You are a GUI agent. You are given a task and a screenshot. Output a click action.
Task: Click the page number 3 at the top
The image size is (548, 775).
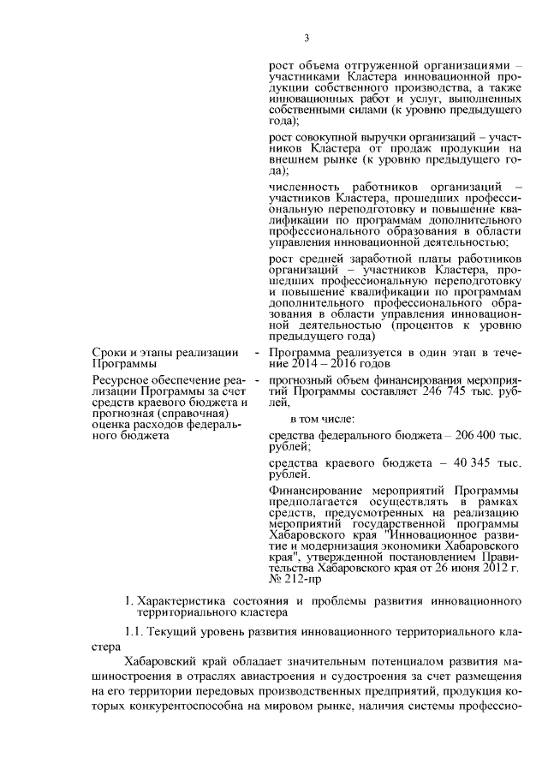306,37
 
